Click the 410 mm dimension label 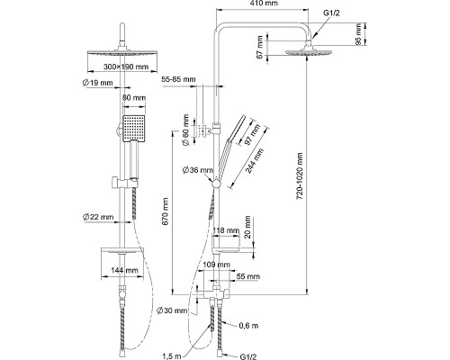(x=263, y=4)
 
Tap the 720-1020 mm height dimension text (x=300, y=176)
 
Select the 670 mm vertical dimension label (x=166, y=211)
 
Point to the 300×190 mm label (x=126, y=67)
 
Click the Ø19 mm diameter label (x=98, y=83)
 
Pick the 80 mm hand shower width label (x=134, y=98)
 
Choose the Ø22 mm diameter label (x=98, y=217)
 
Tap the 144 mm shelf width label (x=124, y=270)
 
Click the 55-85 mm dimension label (x=178, y=79)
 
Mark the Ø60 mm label (x=186, y=130)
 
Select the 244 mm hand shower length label (x=255, y=161)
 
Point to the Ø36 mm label (x=198, y=170)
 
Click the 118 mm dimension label (x=226, y=230)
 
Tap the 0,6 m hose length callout (x=248, y=326)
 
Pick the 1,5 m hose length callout (x=172, y=356)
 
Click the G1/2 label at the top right (x=331, y=13)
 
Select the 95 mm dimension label (x=358, y=33)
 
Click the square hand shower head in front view (x=134, y=129)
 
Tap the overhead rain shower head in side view (x=309, y=51)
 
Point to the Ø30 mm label (x=172, y=310)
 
